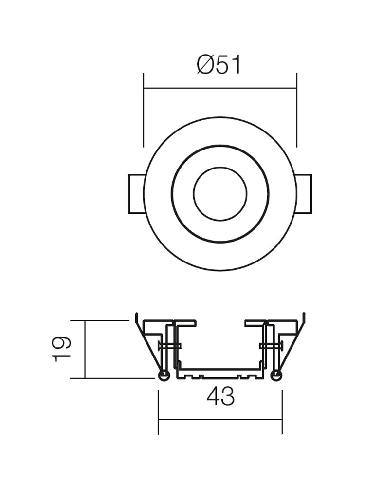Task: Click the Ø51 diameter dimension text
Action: pos(219,65)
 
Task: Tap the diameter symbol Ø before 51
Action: pos(205,65)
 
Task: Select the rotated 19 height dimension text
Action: pos(62,349)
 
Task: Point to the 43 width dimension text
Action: pos(220,397)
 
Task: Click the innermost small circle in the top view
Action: pos(220,194)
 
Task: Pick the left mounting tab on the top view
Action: pos(135,193)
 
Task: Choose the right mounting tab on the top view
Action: pos(304,193)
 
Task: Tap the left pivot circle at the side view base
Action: pos(164,375)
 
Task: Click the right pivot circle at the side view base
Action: pos(276,375)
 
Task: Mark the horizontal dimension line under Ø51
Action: pos(220,88)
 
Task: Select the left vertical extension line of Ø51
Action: pos(144,110)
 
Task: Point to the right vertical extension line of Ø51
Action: pos(297,110)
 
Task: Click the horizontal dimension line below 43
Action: pos(220,419)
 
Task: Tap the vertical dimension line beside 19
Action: pos(85,349)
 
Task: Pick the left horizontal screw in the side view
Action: pos(169,346)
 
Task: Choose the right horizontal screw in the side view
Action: pos(271,346)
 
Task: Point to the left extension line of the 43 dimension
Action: pos(158,409)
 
